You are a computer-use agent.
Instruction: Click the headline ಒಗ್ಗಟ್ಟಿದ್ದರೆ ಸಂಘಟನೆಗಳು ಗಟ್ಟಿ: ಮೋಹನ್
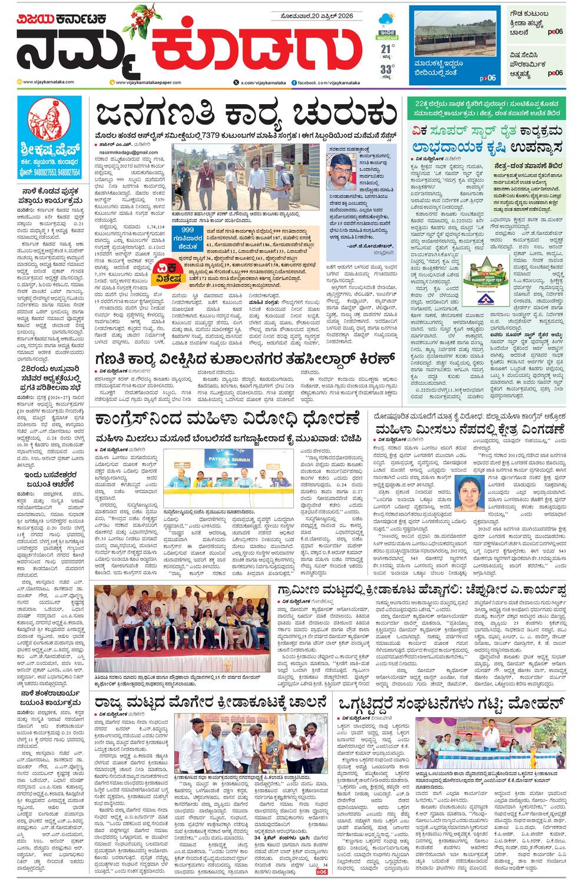451,703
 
